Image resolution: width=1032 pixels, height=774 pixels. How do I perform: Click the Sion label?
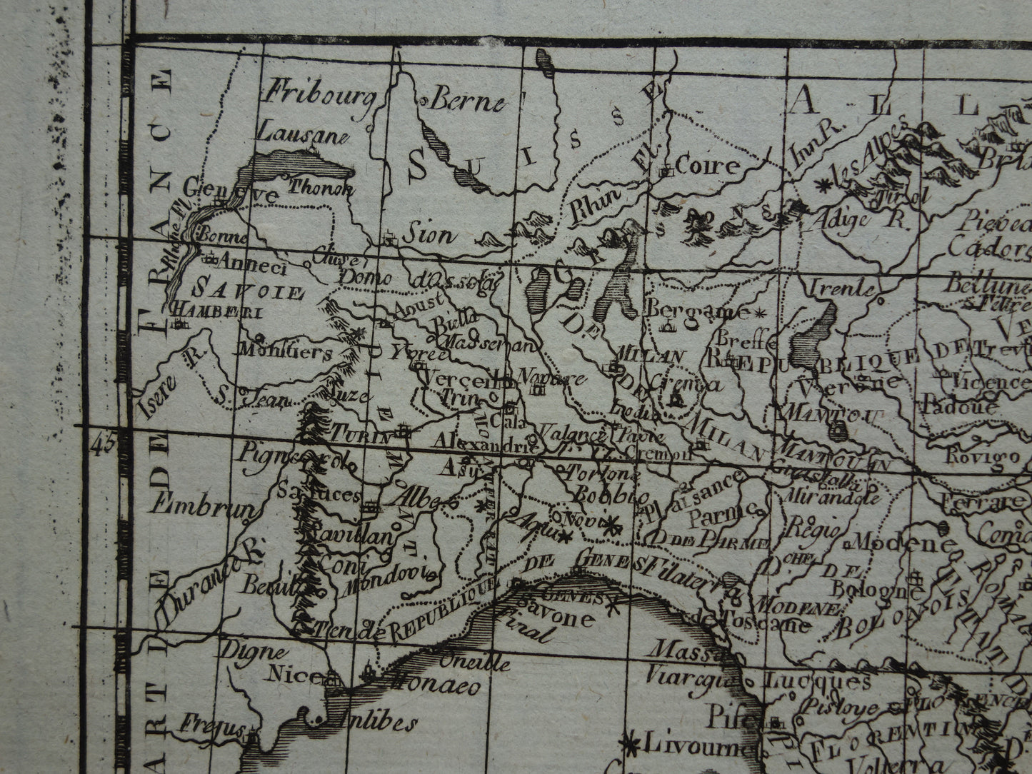tap(428, 233)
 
